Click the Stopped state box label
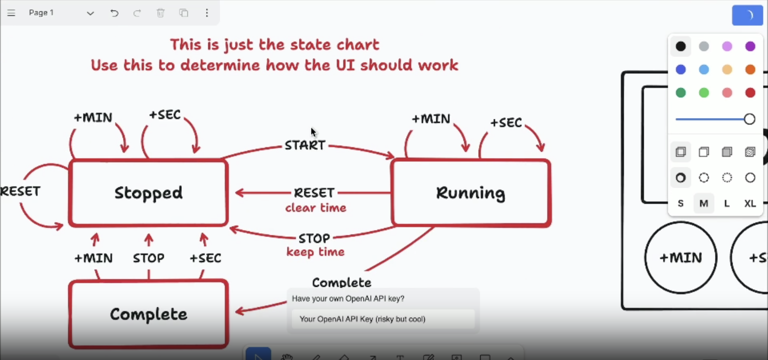click(148, 193)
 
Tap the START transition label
click(305, 145)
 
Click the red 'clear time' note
click(315, 208)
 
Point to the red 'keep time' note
click(315, 252)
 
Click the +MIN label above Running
click(431, 119)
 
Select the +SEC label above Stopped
click(165, 115)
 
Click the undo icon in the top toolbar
click(114, 13)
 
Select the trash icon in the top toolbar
click(161, 13)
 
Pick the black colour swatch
click(681, 46)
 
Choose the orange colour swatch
click(750, 70)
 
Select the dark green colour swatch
click(681, 93)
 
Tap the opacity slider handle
click(749, 119)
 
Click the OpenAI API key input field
click(383, 319)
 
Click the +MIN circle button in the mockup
click(681, 258)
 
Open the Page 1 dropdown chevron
click(90, 13)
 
